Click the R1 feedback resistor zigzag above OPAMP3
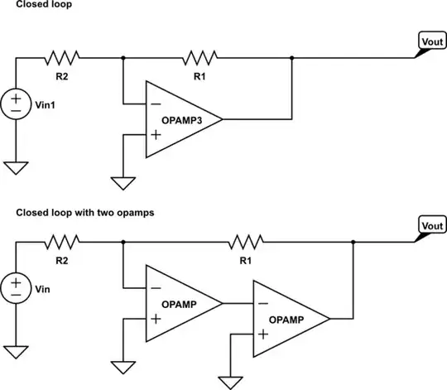coord(199,57)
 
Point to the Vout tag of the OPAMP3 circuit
coord(430,42)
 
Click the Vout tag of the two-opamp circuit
coord(430,226)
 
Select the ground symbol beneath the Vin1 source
coord(16,168)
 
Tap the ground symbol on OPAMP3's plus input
coord(123,181)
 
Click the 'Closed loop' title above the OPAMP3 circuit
coord(40,6)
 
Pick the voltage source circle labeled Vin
coord(16,286)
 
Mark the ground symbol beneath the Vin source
coord(16,351)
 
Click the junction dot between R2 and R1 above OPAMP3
coord(123,57)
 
